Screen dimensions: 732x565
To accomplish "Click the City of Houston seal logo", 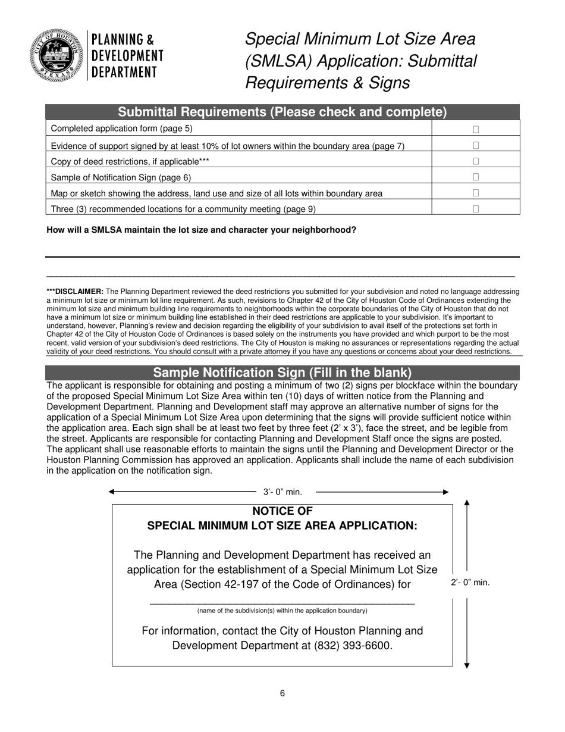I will point(55,55).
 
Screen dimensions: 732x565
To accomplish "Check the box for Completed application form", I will point(475,129).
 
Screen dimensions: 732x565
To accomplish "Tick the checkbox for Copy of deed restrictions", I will point(475,161).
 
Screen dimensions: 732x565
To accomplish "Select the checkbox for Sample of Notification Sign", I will point(475,177).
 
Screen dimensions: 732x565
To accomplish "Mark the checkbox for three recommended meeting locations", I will point(475,209).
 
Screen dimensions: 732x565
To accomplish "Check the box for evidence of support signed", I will point(475,145).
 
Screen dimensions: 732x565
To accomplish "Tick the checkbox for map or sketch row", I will point(475,193).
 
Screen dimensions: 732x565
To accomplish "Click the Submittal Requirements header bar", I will point(282,112).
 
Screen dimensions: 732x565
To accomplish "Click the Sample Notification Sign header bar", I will point(282,373).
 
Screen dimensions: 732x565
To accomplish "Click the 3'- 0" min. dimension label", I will point(282,492).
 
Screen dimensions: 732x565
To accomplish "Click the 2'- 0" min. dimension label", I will point(470,583).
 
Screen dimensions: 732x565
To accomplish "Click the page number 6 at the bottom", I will point(282,693).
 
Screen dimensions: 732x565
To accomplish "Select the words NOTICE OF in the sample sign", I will point(282,511).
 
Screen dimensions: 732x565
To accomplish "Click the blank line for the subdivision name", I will point(282,603).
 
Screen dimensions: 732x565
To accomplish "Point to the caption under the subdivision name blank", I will point(282,611).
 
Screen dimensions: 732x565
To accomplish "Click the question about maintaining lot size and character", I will point(201,230).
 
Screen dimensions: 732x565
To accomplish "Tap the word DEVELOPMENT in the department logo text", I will point(127,56).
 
